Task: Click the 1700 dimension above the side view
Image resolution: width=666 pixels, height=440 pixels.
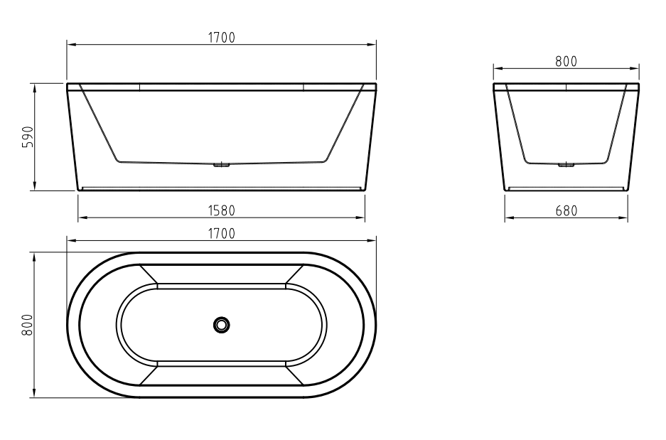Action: click(221, 38)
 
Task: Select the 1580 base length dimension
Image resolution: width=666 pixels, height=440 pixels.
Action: click(221, 210)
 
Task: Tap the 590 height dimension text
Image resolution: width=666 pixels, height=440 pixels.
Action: click(27, 136)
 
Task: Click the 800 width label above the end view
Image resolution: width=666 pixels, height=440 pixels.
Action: click(566, 62)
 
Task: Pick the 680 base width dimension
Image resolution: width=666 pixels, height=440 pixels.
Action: click(566, 210)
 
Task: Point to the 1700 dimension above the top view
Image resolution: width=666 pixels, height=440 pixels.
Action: click(221, 234)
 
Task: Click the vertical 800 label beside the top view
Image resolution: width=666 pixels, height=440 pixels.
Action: click(27, 325)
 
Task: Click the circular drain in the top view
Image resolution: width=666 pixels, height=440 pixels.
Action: click(221, 325)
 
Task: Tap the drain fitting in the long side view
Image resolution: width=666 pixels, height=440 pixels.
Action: click(221, 165)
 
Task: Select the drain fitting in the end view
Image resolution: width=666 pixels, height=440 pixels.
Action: click(566, 165)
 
